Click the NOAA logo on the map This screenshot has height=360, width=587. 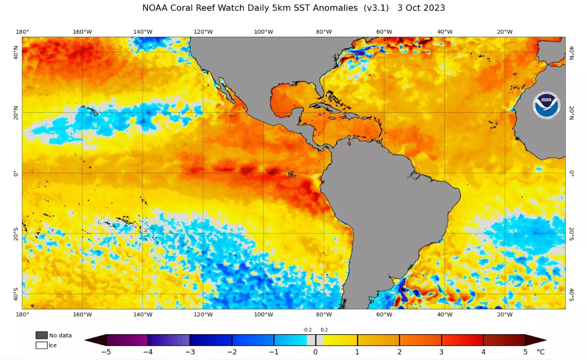[x=546, y=105]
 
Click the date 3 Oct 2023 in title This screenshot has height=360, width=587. [x=421, y=8]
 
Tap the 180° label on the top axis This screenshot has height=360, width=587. [x=22, y=32]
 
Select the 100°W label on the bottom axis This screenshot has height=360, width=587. [x=263, y=314]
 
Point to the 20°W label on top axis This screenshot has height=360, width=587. [x=505, y=32]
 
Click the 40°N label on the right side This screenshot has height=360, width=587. [x=572, y=52]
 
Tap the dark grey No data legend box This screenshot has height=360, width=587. [x=41, y=335]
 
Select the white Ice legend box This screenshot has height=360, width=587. [x=41, y=345]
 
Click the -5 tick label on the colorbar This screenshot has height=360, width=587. [x=106, y=352]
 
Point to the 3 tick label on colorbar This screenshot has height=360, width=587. [x=442, y=352]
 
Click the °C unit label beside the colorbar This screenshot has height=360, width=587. [x=541, y=352]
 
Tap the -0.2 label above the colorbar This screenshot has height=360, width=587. [x=307, y=330]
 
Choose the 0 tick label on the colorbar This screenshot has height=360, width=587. [x=316, y=352]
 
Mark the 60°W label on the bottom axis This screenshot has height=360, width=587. [x=384, y=314]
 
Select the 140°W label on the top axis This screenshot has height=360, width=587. [x=143, y=32]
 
